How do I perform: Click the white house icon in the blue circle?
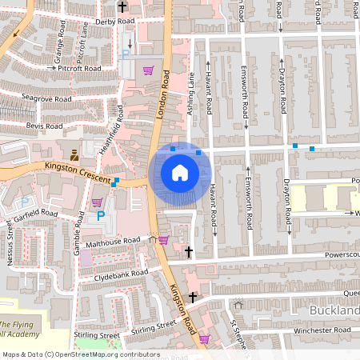[180, 173]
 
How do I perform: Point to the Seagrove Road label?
[47, 99]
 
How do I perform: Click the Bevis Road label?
[44, 126]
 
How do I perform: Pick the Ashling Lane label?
[191, 93]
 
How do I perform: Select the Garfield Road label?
[36, 214]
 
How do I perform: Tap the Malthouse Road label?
[114, 241]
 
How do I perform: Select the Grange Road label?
[58, 50]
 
